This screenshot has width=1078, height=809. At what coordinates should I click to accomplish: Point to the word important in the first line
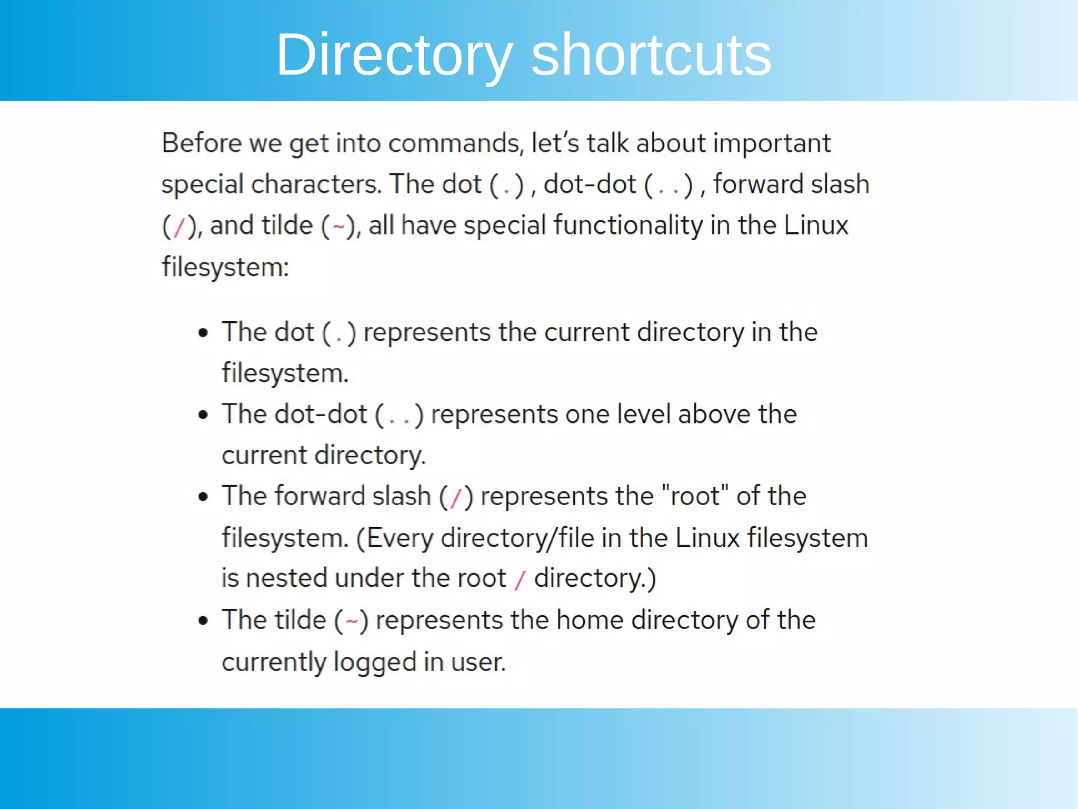point(772,144)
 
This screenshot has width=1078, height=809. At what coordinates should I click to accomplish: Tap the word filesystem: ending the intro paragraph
point(225,267)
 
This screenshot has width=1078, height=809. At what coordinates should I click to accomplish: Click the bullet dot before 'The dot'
point(203,333)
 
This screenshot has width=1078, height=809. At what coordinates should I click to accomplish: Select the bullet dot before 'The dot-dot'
point(203,415)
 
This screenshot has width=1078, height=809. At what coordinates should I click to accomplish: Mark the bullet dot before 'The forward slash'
point(203,497)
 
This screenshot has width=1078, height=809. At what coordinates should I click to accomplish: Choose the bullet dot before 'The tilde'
point(203,621)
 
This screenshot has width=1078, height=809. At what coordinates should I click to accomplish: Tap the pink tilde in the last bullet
point(352,621)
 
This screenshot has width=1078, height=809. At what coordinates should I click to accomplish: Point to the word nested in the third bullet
point(286,578)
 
